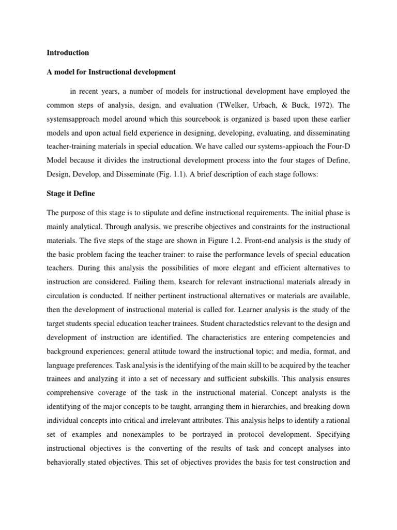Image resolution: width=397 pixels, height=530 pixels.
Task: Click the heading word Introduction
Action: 68,53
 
